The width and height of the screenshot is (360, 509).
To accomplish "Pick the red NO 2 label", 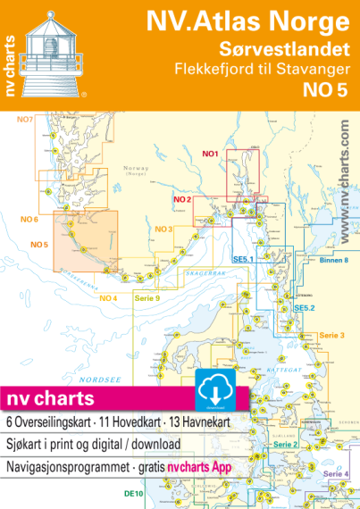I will [183, 198].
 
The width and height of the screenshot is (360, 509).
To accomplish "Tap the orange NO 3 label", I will [163, 229].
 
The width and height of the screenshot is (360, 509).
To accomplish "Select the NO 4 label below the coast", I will [107, 297].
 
